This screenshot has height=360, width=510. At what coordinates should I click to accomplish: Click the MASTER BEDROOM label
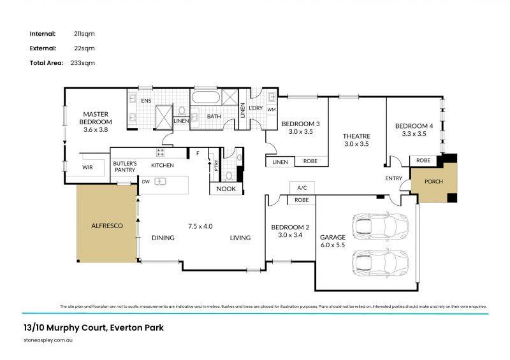click(96, 118)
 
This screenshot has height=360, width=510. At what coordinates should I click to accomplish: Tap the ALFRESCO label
click(106, 226)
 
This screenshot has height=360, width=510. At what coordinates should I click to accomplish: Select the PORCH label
click(433, 181)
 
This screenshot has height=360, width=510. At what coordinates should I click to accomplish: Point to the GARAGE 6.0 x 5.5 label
click(333, 241)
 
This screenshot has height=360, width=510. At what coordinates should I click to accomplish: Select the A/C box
click(302, 188)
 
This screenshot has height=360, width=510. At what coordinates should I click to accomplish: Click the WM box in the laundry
click(271, 110)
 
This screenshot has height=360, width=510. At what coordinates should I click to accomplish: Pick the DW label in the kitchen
click(145, 182)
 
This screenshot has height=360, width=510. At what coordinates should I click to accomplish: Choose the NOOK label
click(226, 189)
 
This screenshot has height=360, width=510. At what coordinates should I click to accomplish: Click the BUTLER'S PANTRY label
click(125, 167)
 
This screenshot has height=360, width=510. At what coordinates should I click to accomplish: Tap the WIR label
click(87, 168)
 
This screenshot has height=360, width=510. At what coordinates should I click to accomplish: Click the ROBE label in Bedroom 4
click(423, 161)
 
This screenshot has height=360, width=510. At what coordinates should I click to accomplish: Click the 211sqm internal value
click(84, 33)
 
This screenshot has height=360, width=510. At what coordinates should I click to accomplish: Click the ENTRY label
click(394, 178)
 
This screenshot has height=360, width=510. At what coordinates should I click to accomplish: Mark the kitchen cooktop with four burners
click(160, 153)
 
